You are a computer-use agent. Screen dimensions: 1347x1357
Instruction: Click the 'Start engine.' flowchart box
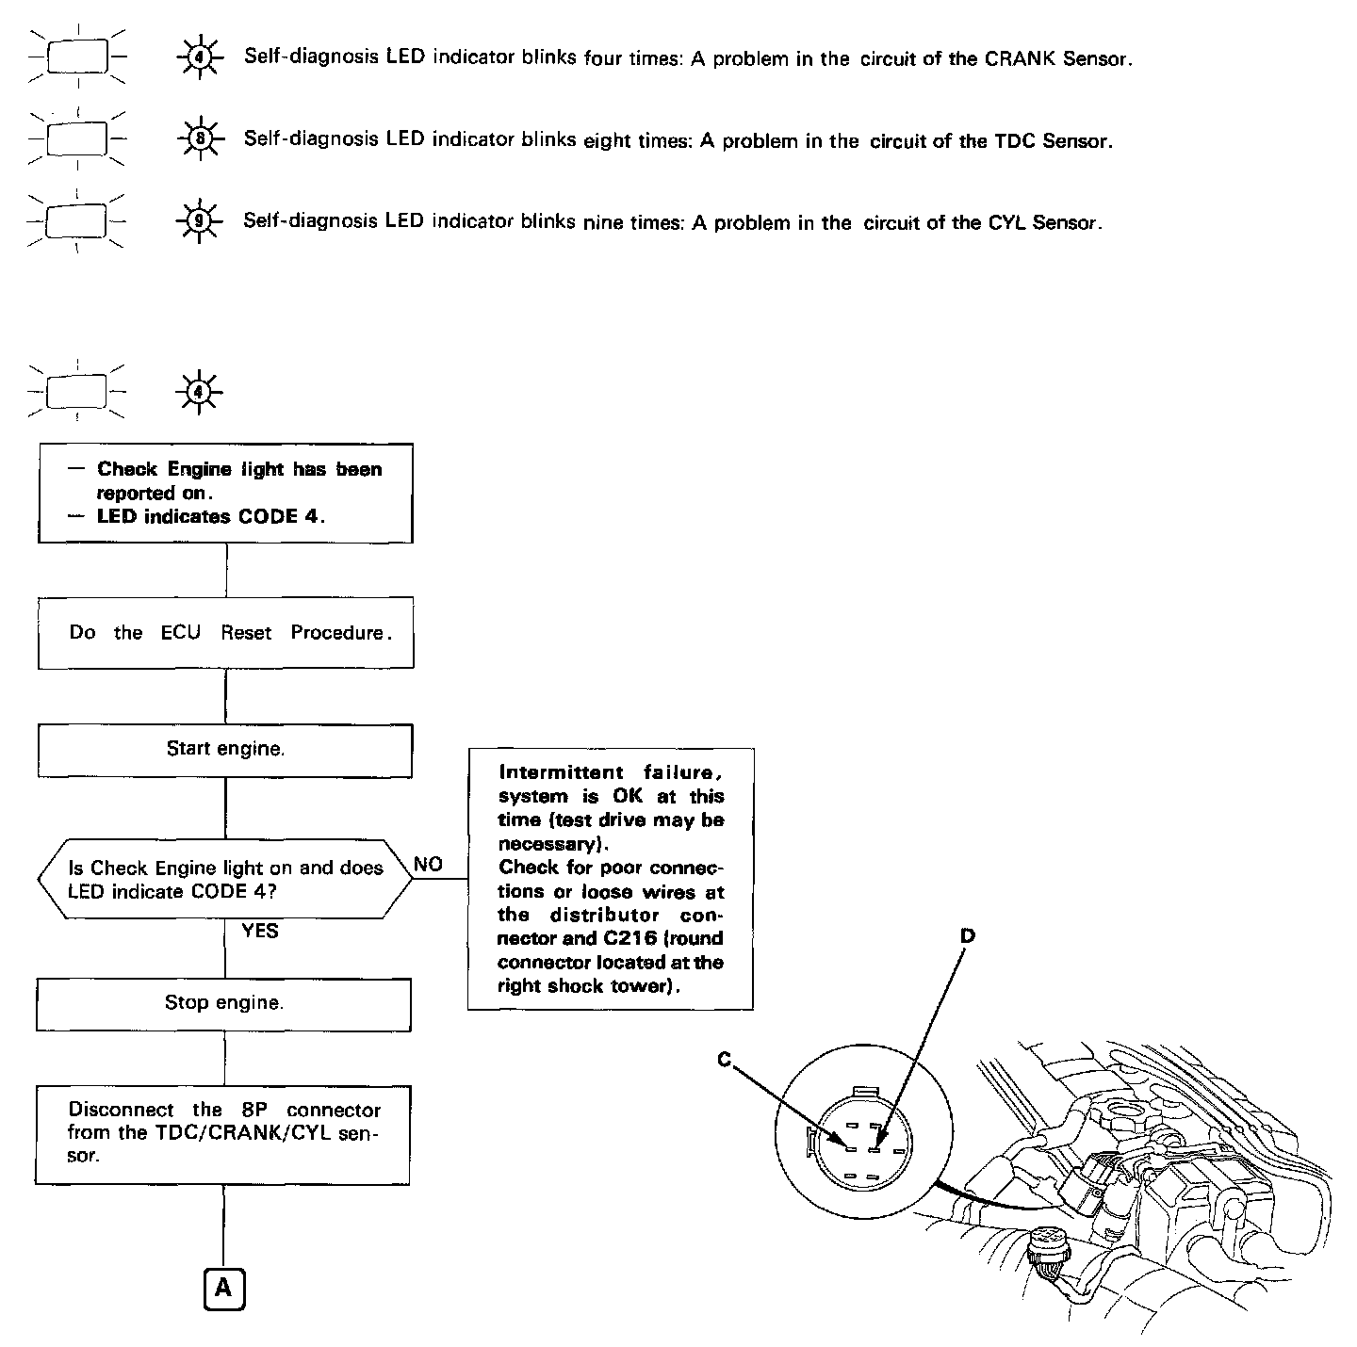[x=224, y=750]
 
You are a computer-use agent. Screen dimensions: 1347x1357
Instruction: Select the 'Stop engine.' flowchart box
[x=223, y=1003]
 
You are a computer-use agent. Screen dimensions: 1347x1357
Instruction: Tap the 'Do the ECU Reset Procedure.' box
[x=225, y=633]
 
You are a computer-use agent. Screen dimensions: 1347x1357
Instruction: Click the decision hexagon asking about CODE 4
[x=225, y=879]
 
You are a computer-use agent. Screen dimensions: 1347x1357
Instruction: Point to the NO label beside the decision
[x=428, y=865]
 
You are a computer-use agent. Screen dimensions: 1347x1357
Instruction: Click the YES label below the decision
[x=259, y=931]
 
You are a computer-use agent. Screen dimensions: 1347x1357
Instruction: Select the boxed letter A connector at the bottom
[x=223, y=1289]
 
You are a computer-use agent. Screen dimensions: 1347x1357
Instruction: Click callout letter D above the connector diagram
[x=967, y=935]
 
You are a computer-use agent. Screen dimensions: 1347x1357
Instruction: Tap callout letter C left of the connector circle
[x=724, y=1060]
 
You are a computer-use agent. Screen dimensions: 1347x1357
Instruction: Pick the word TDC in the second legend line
[x=1015, y=141]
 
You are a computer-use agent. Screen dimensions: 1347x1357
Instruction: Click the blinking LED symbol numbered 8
[x=199, y=139]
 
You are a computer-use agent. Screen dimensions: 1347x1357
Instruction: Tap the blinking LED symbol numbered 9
[x=199, y=221]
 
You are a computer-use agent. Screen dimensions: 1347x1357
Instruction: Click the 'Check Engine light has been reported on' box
[x=225, y=493]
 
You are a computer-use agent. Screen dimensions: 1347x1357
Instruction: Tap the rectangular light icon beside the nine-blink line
[x=77, y=221]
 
